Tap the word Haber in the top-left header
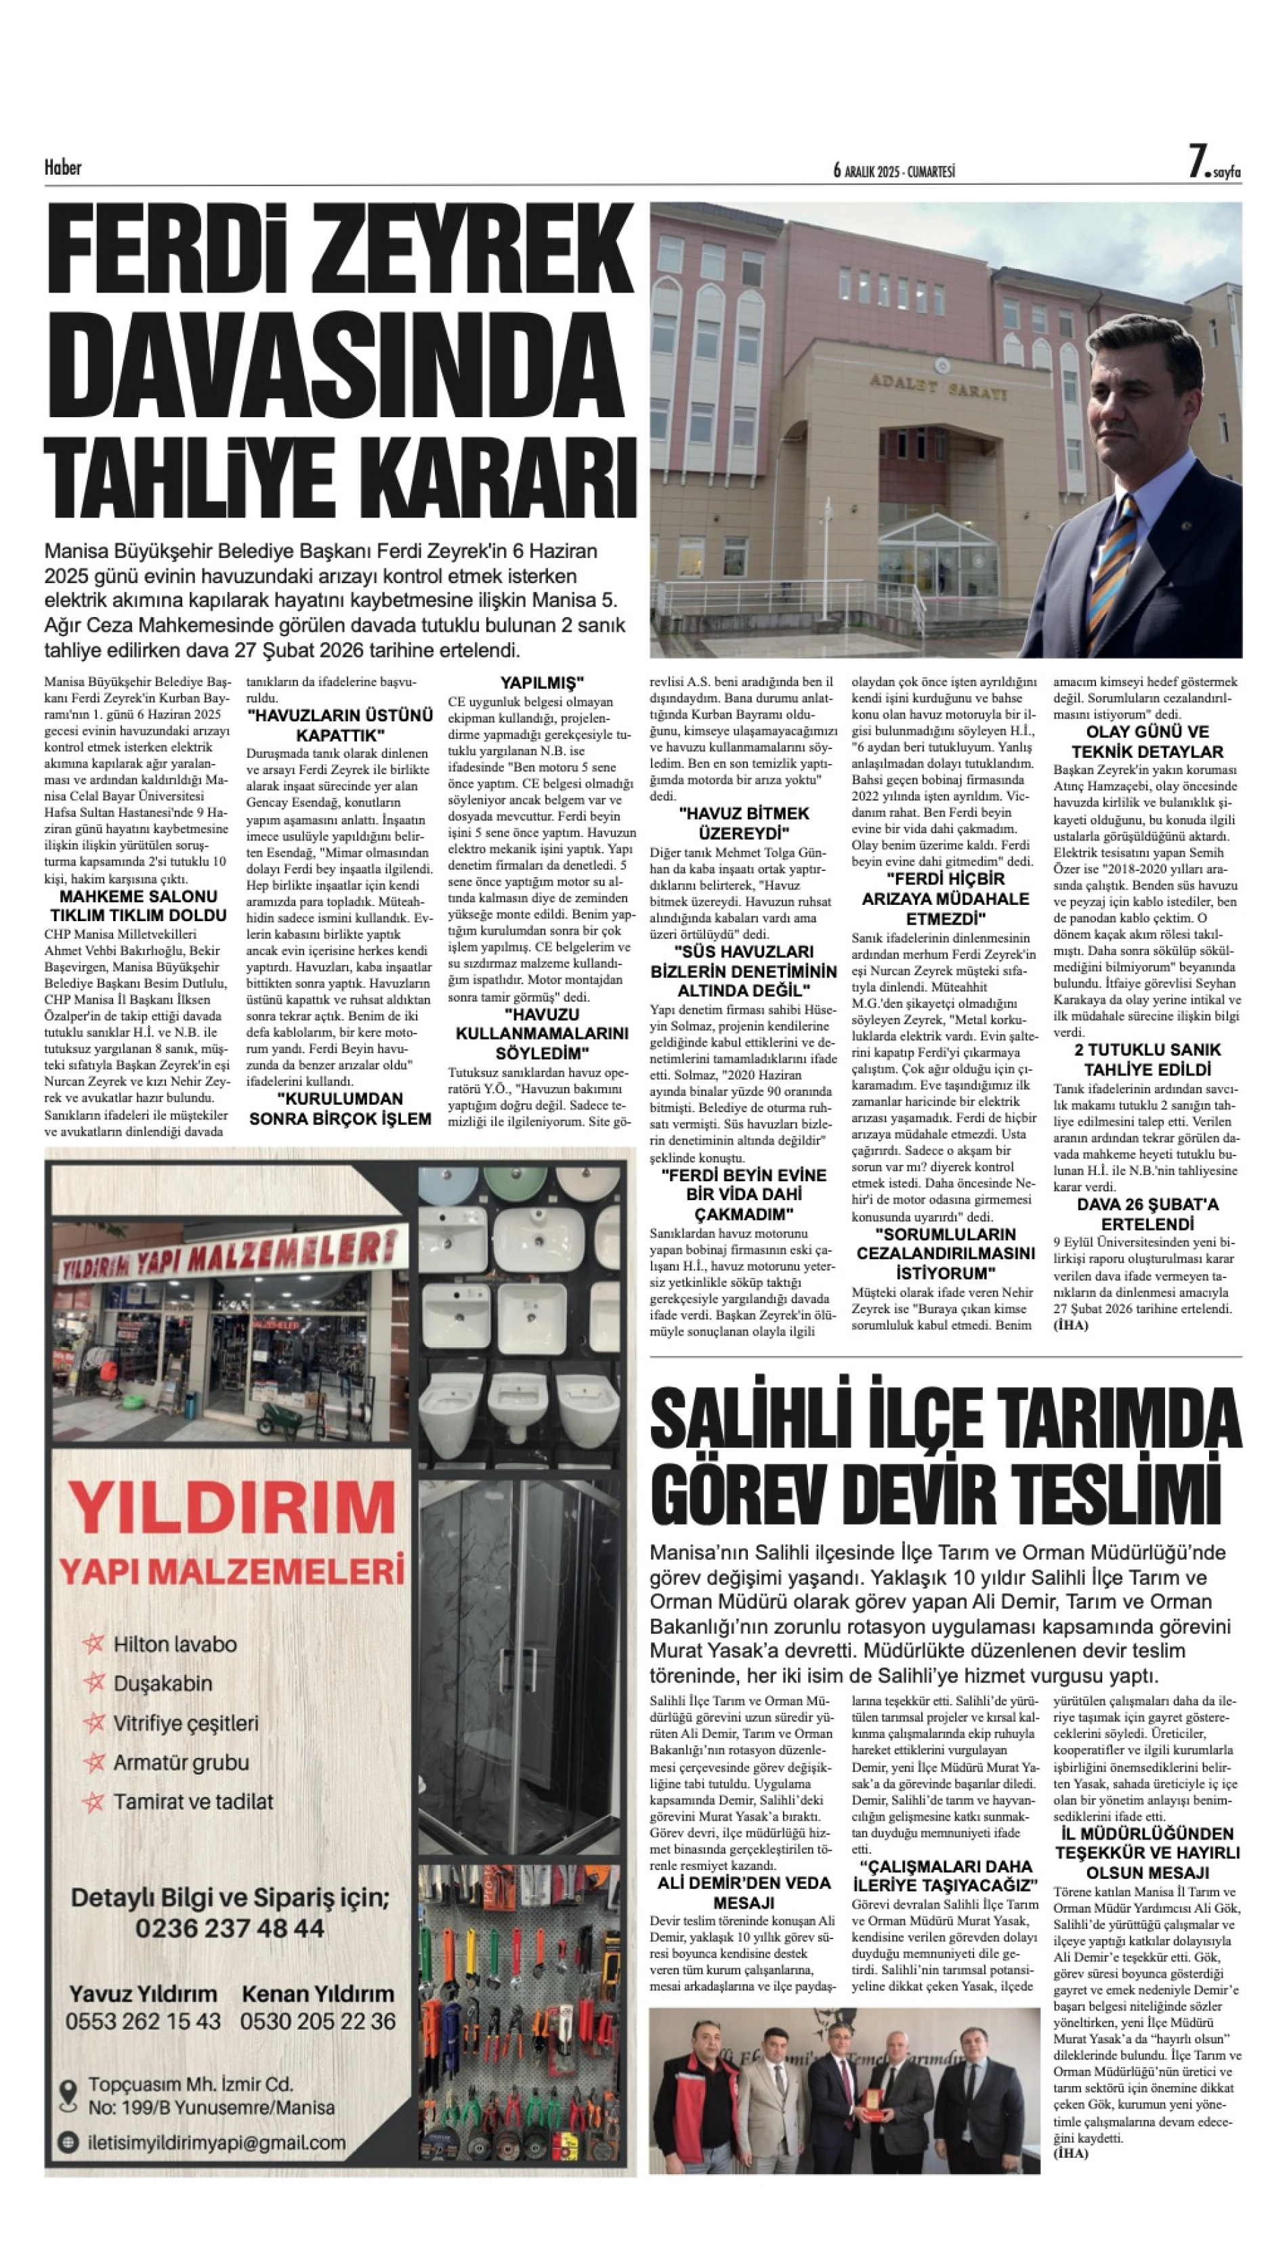point(63,167)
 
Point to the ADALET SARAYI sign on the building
point(939,386)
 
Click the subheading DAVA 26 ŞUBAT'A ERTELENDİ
point(1147,1214)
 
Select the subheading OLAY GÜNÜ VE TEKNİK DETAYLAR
point(1147,742)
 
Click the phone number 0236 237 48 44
point(230,1928)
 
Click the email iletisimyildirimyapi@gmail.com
point(217,2142)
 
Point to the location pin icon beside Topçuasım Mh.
point(68,2095)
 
